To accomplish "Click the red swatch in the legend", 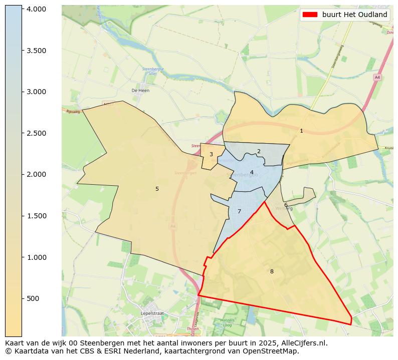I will [x=310, y=15].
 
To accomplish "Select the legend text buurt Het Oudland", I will [x=354, y=15].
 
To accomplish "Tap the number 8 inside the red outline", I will [x=272, y=272].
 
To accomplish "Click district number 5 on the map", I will [x=157, y=189].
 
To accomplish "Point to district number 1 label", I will [x=301, y=131].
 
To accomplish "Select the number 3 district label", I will [x=211, y=155].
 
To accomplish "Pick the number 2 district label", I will [x=259, y=152].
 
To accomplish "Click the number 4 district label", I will [x=252, y=173].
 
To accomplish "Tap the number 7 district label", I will [x=239, y=212].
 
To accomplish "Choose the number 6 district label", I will [x=286, y=205].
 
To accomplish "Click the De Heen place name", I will [x=140, y=91].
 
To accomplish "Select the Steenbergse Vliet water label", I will [x=150, y=71].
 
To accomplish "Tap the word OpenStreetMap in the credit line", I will [x=275, y=351].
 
